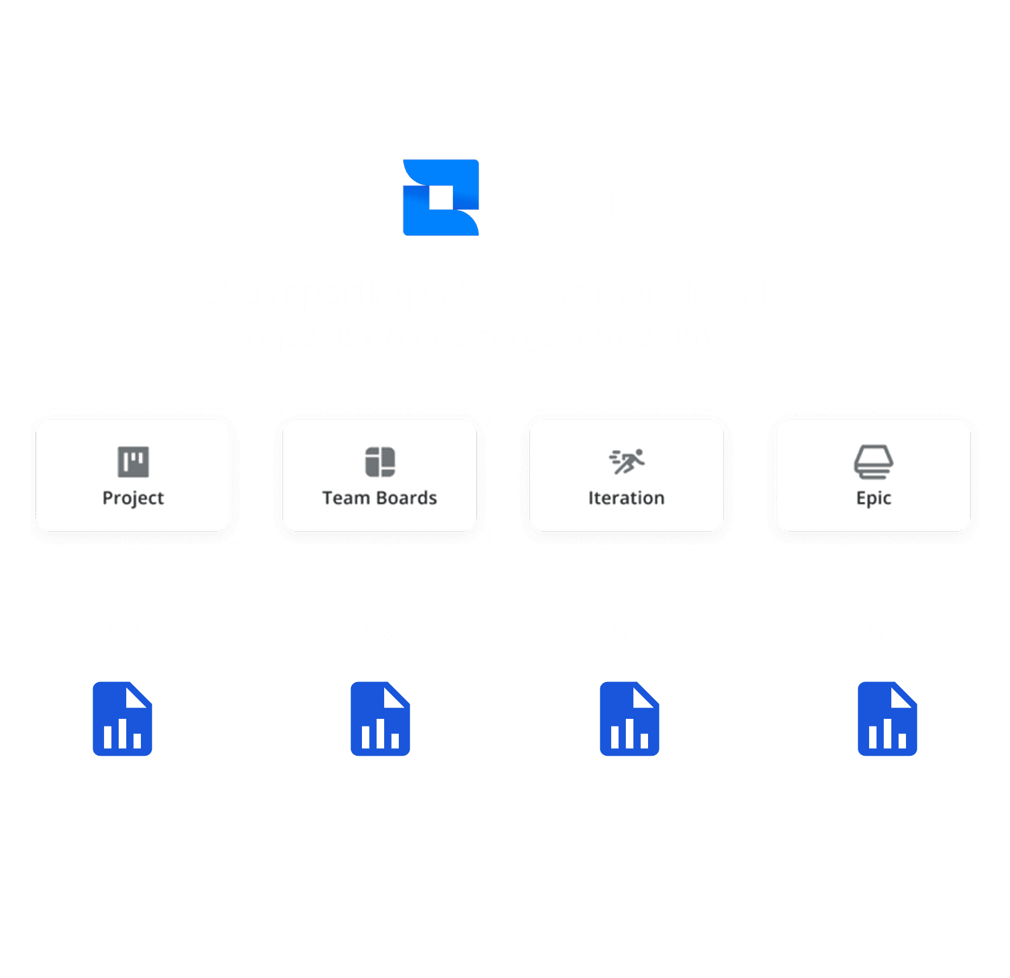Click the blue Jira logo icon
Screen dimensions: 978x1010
[x=441, y=197]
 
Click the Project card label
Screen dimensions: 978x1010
[x=133, y=498]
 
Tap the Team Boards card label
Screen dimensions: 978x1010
[x=379, y=498]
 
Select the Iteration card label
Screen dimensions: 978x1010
[x=626, y=498]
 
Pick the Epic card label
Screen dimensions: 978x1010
[x=873, y=498]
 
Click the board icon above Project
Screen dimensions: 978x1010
[x=133, y=462]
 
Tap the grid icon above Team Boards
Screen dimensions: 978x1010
[x=380, y=462]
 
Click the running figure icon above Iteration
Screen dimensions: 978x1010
[x=627, y=461]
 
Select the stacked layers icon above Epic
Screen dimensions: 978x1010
[x=873, y=462]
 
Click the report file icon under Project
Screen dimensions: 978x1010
[x=122, y=719]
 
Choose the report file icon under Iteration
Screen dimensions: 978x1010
[x=630, y=719]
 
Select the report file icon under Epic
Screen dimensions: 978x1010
[x=888, y=719]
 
